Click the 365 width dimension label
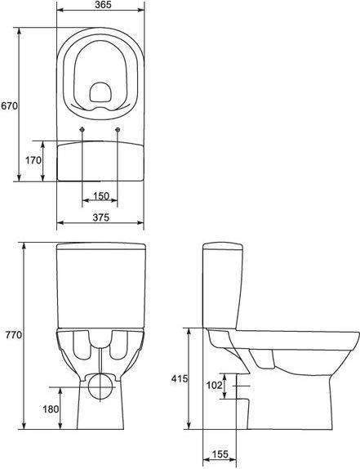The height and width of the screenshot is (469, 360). (104, 5)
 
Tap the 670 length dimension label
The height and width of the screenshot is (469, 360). (9, 105)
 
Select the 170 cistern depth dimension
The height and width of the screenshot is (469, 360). (33, 160)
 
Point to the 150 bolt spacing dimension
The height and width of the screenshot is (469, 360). (101, 196)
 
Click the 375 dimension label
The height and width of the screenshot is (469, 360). (100, 217)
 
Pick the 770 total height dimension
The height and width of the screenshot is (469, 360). (14, 335)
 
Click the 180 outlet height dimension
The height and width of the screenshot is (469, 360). (51, 409)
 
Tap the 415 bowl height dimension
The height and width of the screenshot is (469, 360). (180, 378)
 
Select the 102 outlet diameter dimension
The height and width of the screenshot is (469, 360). (214, 386)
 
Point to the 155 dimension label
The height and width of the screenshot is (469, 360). (220, 454)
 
